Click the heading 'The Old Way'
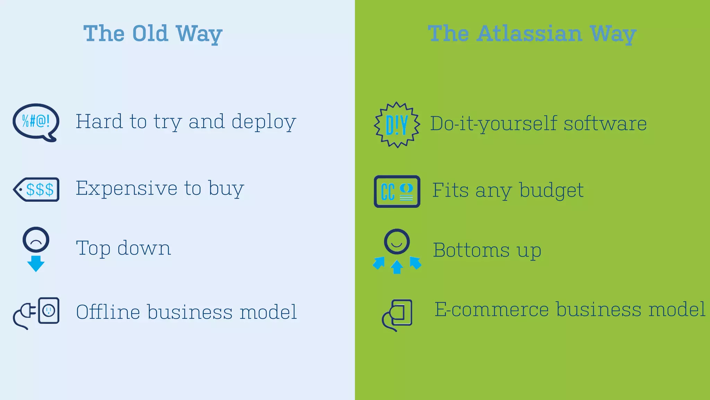pos(153,34)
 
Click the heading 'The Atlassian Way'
pos(532,34)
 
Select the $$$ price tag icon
pos(37,190)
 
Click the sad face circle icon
pos(36,240)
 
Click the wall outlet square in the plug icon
pos(49,310)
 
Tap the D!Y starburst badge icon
pos(397,125)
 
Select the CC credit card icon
pos(397,192)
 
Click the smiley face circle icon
pos(397,242)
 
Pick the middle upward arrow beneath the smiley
pos(397,267)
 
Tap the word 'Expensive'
pos(126,189)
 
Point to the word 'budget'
pos(551,191)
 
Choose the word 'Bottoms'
pos(471,250)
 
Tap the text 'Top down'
pos(123,248)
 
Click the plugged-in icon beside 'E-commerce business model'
pos(397,315)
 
